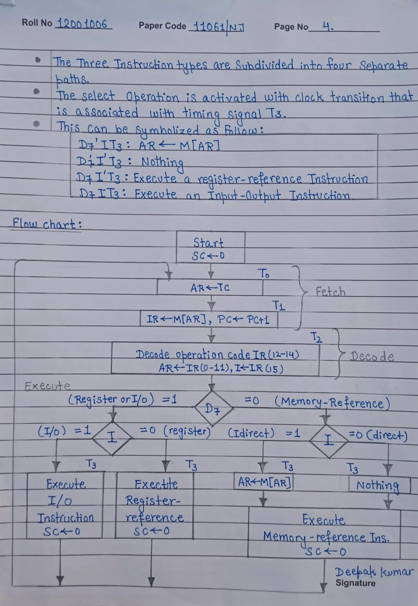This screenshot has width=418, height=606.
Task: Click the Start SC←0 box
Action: (210, 247)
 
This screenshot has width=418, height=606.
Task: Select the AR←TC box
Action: (210, 287)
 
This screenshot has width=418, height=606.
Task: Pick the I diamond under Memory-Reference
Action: (329, 441)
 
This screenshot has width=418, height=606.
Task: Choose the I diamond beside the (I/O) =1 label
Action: (112, 438)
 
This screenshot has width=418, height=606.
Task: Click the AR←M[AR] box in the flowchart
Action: (264, 482)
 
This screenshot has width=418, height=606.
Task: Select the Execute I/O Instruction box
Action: (65, 505)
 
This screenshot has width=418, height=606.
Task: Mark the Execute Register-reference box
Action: (155, 505)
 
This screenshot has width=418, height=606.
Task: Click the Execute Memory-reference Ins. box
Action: (324, 534)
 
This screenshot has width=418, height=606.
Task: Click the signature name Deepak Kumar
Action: (374, 572)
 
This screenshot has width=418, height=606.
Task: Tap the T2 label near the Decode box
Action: (316, 337)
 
